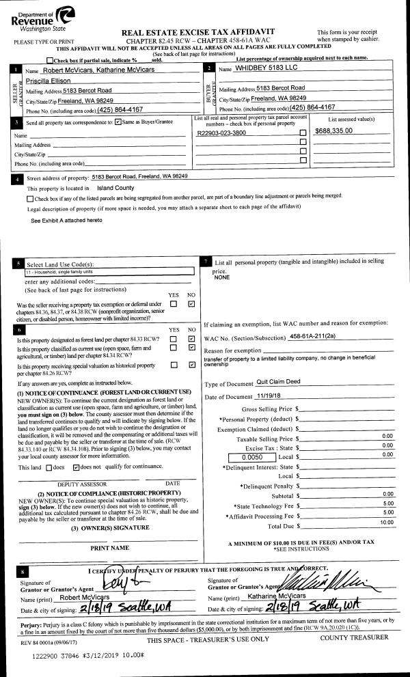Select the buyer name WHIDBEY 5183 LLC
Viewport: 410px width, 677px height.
(x=267, y=68)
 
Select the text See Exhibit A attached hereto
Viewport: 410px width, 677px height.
(x=66, y=221)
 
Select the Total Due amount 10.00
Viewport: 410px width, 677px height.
(x=386, y=522)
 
